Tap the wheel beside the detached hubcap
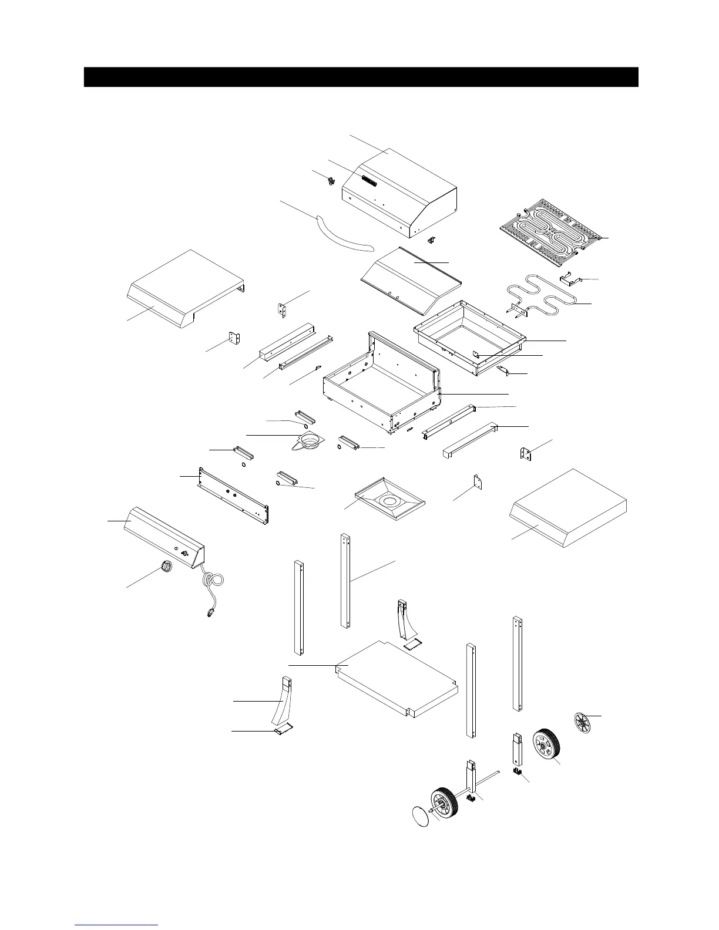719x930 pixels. coord(546,746)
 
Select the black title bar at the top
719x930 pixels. coord(361,77)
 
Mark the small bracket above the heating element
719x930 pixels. coord(570,278)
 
